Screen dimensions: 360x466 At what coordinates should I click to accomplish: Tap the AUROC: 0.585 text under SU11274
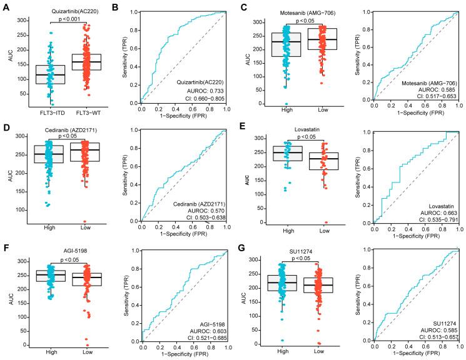[435, 331]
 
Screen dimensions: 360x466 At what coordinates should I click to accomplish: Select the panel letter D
[5, 124]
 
